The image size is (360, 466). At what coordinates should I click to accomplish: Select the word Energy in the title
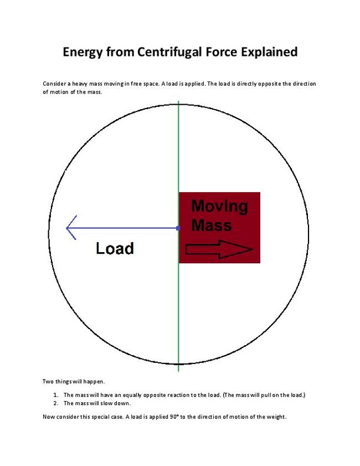[82, 52]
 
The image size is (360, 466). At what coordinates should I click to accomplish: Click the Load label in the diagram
[115, 248]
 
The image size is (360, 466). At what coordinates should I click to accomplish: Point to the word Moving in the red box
[219, 207]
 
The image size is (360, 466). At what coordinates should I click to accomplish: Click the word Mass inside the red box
[211, 225]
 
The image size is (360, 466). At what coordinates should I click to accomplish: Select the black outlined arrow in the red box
[219, 250]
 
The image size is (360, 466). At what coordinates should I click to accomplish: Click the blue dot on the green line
[178, 228]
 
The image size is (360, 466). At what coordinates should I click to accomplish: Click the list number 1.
[55, 395]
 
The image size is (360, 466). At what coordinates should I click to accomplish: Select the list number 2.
[55, 403]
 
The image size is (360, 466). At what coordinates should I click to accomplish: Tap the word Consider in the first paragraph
[54, 84]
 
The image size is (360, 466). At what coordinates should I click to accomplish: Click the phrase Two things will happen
[65, 381]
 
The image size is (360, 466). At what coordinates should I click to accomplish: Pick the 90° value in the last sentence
[168, 417]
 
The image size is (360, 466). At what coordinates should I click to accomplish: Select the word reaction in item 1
[180, 395]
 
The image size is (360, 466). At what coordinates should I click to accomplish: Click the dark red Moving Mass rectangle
[244, 233]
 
